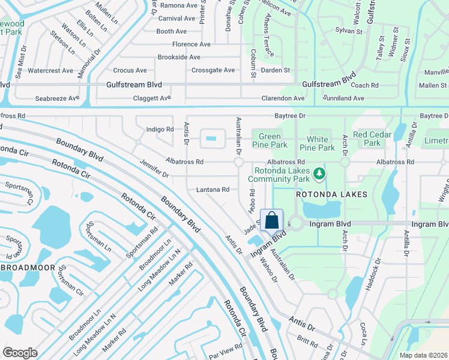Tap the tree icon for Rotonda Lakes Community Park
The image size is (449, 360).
320,174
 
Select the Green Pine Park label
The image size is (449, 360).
269,140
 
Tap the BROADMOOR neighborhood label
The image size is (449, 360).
27,267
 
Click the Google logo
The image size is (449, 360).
20,353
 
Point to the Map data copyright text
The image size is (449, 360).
424,355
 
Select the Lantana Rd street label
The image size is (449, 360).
213,190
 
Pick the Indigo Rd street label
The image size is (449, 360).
160,129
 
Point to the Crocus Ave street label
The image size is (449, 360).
130,71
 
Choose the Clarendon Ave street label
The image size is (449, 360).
283,98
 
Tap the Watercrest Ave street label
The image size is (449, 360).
50,71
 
